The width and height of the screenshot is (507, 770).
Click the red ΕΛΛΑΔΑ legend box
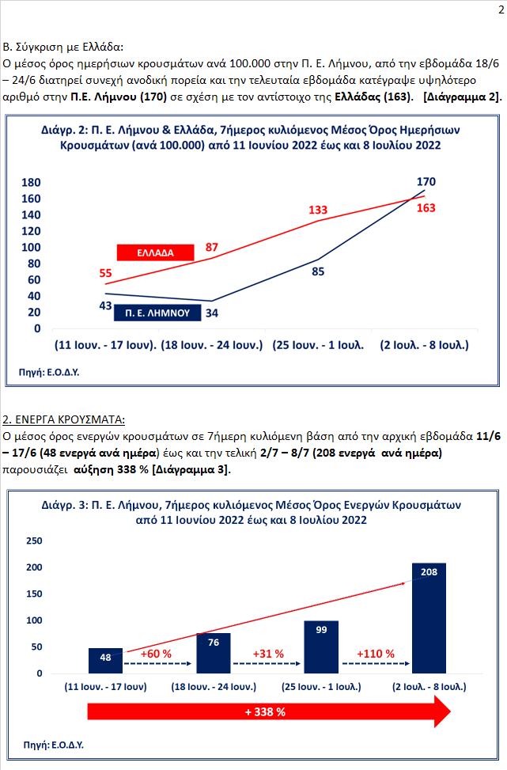pos(155,252)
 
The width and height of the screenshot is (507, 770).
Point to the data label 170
pos(426,182)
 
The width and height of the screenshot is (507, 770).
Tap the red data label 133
pos(318,210)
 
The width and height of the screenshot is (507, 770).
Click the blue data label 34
pos(211,313)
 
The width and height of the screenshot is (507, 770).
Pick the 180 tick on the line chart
pos(32,182)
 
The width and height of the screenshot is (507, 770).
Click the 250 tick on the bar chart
pos(35,541)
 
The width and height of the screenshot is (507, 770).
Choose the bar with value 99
pos(321,647)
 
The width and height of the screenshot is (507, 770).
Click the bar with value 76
pos(214,653)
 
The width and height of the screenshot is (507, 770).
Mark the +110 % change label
pos(375,654)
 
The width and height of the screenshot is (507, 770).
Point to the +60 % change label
pos(157,654)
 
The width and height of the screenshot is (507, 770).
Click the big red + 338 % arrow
pos(264,712)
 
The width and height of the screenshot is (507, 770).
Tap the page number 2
pos(498,9)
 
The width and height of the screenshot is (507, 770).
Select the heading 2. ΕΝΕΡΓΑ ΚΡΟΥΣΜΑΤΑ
pos(64,419)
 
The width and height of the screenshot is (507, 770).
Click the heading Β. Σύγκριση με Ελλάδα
pos(63,47)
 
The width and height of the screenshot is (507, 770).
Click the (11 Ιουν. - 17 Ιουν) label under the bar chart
pos(106,687)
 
